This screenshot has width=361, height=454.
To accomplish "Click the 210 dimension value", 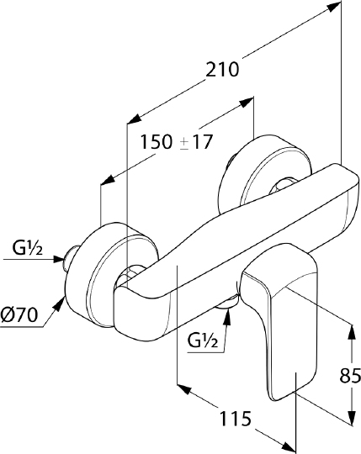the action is click(222, 70).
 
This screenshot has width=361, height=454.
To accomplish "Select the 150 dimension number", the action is click(156, 142).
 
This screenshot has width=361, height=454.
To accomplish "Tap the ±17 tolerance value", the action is click(196, 142).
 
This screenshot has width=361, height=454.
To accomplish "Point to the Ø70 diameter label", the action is click(19, 314).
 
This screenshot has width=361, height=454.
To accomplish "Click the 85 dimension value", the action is click(350, 376).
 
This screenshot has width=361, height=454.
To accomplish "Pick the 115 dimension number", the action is click(236, 419).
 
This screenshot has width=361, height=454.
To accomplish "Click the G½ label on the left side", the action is click(28, 247).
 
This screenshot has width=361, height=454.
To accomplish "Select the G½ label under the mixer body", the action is click(203, 340).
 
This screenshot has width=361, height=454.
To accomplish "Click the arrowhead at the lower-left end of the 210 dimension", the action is click(135, 119).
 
